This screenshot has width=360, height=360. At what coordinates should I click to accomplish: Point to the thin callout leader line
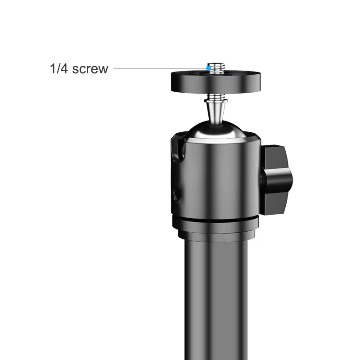(x=157, y=68)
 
